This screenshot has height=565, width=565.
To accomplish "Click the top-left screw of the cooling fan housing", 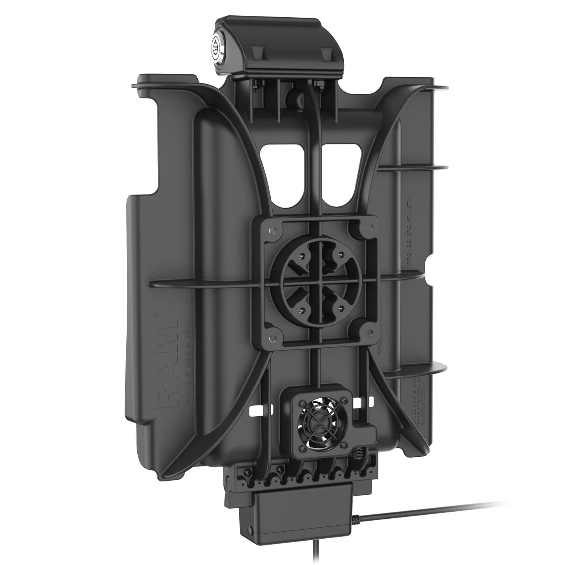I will coord(302,402).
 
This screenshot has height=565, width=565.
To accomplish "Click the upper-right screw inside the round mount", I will coord(341,254).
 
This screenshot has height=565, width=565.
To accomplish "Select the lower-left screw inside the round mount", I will coord(302,309).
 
